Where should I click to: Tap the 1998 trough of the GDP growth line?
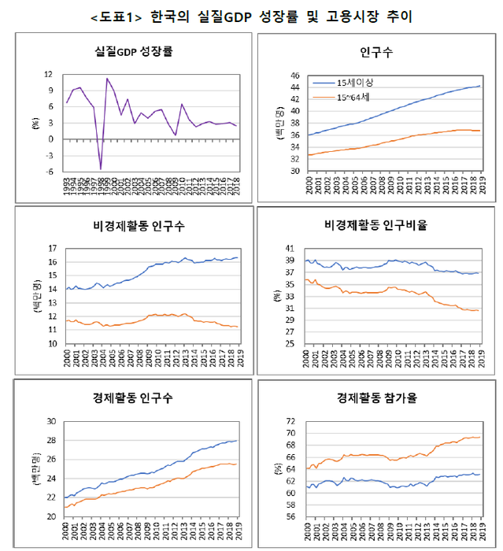click(101, 168)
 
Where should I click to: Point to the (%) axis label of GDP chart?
click(35, 122)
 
